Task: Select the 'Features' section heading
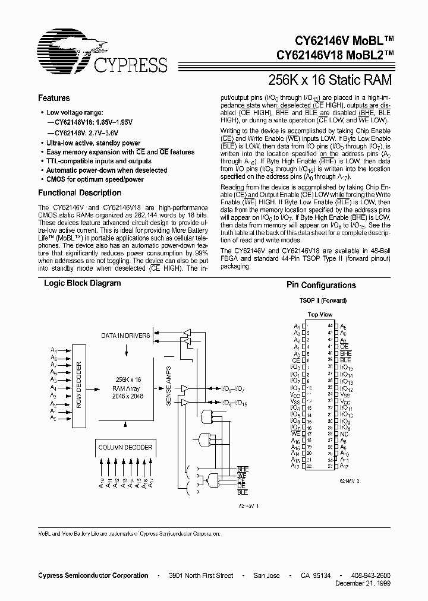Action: pos(54,99)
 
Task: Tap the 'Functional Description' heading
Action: pos(80,193)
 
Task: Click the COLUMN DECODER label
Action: pos(125,447)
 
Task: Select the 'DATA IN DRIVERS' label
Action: pos(125,336)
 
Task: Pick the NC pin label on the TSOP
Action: pos(344,434)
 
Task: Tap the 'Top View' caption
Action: pos(320,315)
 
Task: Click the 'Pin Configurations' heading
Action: pos(321,286)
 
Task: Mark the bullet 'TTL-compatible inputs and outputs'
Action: pos(99,161)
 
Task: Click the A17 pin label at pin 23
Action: pos(344,466)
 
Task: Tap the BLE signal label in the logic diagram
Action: pos(243,492)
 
